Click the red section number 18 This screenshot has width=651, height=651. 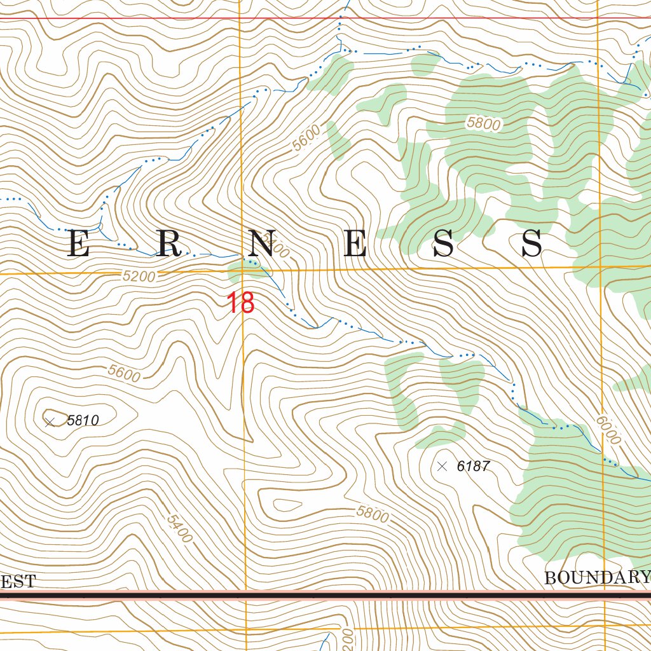tap(241, 303)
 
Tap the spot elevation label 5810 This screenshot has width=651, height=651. tap(83, 420)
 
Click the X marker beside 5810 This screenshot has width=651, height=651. tap(50, 421)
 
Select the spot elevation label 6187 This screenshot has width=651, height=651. tap(473, 467)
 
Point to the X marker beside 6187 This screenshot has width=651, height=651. tap(442, 467)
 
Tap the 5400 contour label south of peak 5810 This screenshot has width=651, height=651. tap(179, 528)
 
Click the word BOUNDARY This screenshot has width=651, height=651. tap(596, 578)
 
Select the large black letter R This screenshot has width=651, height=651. tap(170, 244)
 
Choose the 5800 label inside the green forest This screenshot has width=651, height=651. tap(483, 123)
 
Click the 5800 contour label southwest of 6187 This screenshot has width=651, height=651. tap(372, 514)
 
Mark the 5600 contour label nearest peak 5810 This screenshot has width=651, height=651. tap(124, 373)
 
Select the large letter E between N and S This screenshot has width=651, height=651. tap(355, 244)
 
